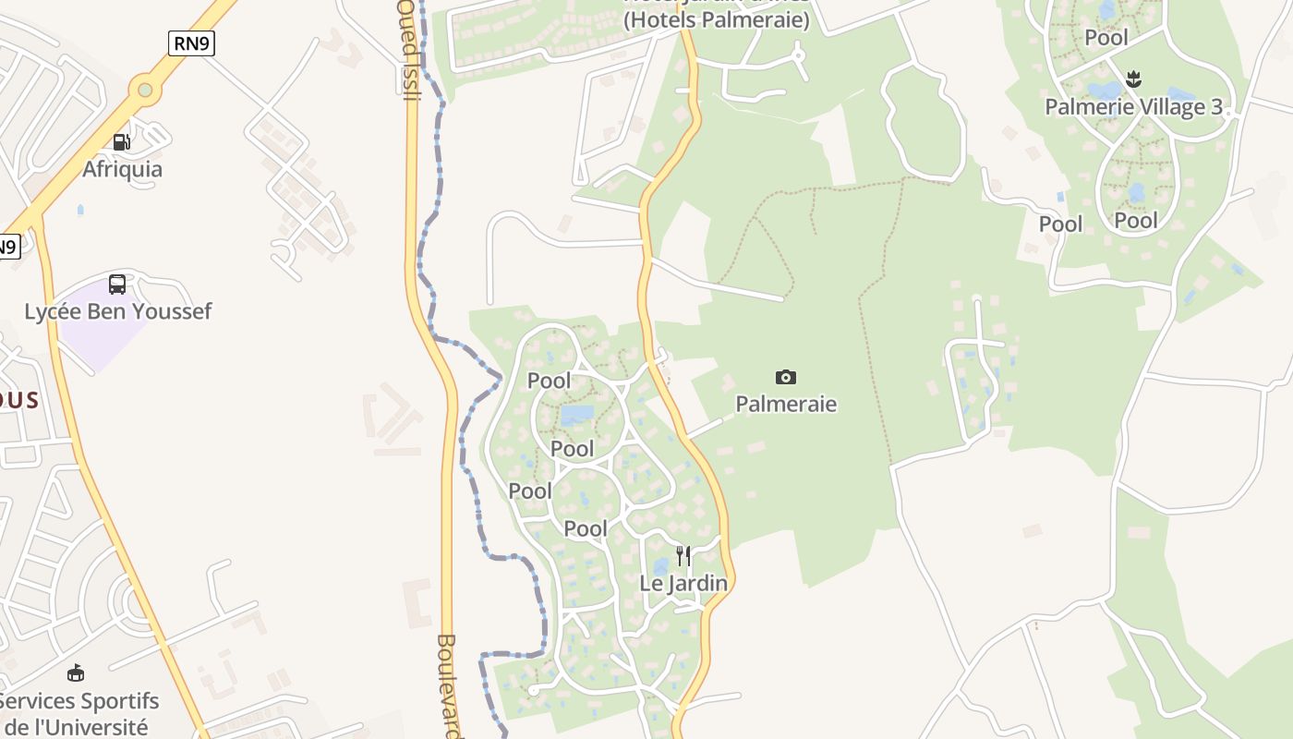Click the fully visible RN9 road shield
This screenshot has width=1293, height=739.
(191, 42)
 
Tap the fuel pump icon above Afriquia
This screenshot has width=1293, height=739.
(121, 142)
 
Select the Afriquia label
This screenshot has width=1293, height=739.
(122, 169)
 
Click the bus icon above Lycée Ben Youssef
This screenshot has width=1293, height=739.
(117, 285)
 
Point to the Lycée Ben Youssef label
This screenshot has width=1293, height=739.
(117, 311)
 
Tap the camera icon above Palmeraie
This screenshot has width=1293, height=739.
(786, 377)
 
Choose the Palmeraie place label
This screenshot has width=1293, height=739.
(786, 404)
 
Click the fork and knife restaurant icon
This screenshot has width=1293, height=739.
(683, 556)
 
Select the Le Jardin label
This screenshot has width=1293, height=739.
(683, 584)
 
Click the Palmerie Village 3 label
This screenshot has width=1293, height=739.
(1133, 106)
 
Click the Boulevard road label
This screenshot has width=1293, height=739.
(450, 684)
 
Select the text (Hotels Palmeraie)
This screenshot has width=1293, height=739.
(717, 19)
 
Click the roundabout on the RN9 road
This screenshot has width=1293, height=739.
(144, 90)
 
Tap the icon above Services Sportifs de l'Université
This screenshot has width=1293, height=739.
(76, 673)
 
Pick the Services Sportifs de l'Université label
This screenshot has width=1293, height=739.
(79, 714)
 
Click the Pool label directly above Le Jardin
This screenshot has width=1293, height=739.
(586, 528)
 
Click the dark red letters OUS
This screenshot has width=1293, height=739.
(19, 400)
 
